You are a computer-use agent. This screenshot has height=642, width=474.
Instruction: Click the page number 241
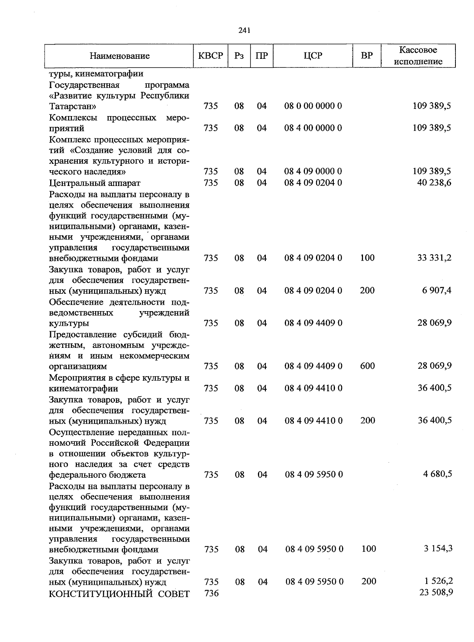pyautogui.click(x=245, y=30)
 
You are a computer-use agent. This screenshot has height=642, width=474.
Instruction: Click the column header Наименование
pyautogui.click(x=120, y=56)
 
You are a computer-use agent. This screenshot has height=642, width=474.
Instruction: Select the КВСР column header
pyautogui.click(x=211, y=56)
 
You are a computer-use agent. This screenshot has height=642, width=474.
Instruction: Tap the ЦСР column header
pyautogui.click(x=313, y=56)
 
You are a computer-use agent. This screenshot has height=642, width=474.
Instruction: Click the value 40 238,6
pyautogui.click(x=434, y=182)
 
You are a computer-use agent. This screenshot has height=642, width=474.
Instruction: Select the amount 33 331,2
pyautogui.click(x=434, y=258)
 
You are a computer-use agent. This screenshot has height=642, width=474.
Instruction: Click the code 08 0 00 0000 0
pyautogui.click(x=313, y=106)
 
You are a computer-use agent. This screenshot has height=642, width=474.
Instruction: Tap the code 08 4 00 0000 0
pyautogui.click(x=313, y=128)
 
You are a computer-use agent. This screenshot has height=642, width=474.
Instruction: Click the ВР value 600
pyautogui.click(x=367, y=366)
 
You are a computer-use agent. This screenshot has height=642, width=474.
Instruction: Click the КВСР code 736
pyautogui.click(x=211, y=593)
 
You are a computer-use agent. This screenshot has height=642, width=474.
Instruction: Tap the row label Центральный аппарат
pyautogui.click(x=95, y=183)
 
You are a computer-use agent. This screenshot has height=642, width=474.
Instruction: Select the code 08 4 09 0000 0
pyautogui.click(x=313, y=171)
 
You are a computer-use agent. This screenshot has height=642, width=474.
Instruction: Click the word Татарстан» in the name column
pyautogui.click(x=73, y=106)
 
